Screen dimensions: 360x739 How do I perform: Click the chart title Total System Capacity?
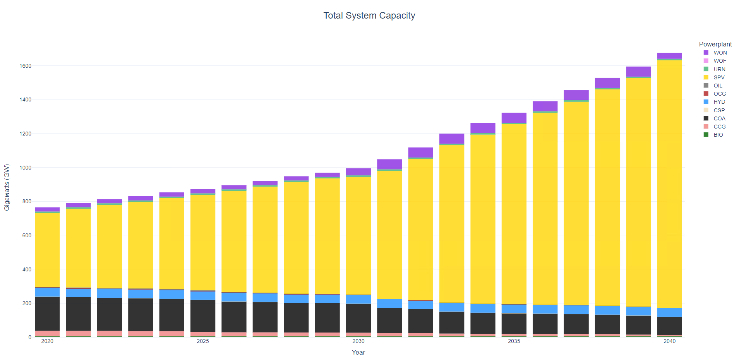tap(369, 15)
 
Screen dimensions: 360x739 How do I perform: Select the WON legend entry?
tap(720, 53)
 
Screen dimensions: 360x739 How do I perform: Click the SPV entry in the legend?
tap(719, 77)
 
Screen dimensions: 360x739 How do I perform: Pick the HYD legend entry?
tap(719, 102)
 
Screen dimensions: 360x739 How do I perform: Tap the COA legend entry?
tap(719, 118)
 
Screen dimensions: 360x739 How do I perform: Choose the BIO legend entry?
tap(718, 135)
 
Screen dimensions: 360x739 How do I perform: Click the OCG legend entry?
tap(719, 94)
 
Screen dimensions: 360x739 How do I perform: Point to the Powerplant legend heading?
tap(715, 44)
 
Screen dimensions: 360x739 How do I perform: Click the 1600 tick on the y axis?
tap(25, 66)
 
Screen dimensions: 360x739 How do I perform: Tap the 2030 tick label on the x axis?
tap(358, 341)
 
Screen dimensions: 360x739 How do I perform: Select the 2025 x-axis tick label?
tap(202, 341)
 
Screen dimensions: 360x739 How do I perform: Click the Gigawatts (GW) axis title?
tap(7, 187)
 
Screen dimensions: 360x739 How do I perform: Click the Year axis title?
tap(358, 352)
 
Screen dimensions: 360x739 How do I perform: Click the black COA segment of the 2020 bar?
tap(47, 314)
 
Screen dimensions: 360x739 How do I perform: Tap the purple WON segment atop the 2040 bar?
tap(669, 56)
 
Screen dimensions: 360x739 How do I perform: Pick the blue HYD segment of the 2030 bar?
tap(358, 299)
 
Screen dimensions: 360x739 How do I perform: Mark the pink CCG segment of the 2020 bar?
tap(47, 333)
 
